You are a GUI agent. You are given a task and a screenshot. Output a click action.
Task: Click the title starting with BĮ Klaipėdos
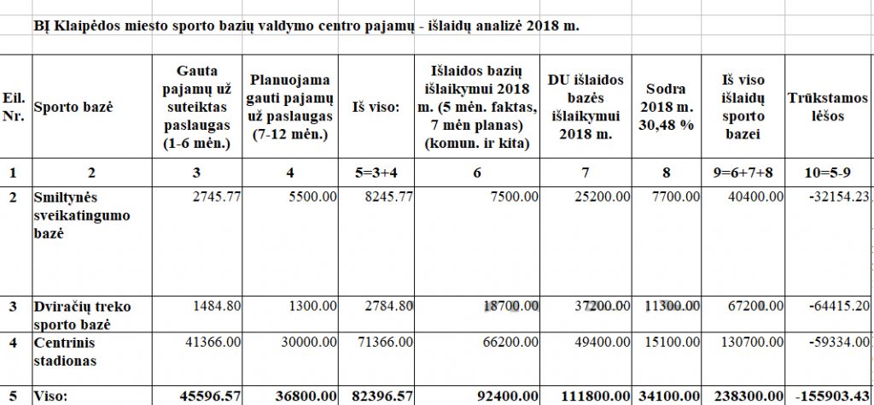coord(306,26)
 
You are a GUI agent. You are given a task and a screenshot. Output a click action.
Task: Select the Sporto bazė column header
coord(73,108)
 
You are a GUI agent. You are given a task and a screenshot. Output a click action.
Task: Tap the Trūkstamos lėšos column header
coord(827,108)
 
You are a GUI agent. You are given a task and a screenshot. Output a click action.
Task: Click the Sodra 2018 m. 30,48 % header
coord(667,108)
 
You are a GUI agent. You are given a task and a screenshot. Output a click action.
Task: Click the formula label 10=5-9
coord(827,173)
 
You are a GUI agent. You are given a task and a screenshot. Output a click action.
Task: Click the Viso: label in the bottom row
coord(50,396)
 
